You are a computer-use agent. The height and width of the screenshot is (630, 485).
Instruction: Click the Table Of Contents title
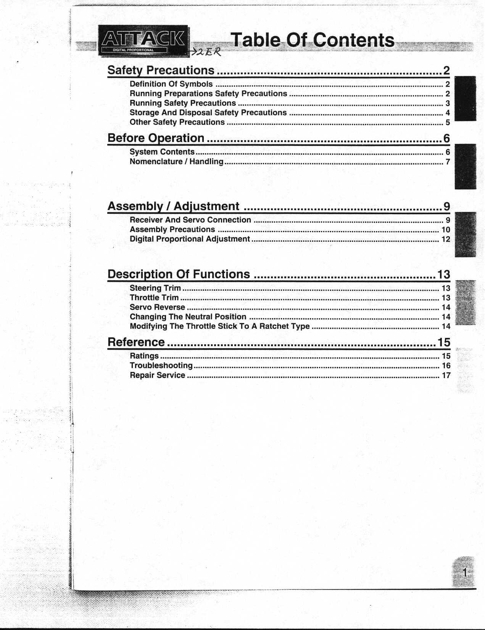[313, 40]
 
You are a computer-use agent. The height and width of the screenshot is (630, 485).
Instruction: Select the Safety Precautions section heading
[161, 70]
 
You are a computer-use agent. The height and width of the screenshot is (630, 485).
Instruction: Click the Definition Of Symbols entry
[171, 84]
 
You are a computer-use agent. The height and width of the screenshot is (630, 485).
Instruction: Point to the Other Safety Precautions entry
[177, 122]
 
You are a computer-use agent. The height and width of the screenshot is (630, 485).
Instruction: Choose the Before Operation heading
[156, 138]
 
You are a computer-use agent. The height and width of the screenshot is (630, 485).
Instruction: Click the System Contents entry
[162, 152]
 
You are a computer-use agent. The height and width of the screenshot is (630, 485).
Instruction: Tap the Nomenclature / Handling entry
[176, 162]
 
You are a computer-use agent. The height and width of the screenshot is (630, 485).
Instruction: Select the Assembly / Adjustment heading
[174, 206]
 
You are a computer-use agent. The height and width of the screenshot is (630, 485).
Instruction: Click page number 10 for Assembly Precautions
[446, 230]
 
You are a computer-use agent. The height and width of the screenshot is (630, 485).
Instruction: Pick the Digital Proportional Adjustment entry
[190, 239]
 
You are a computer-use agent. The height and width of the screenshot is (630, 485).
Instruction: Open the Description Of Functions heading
[179, 274]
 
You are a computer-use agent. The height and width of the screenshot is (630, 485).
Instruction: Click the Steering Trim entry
[155, 288]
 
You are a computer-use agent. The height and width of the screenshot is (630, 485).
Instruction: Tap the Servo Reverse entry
[157, 307]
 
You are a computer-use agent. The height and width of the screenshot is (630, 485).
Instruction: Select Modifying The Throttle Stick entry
[219, 326]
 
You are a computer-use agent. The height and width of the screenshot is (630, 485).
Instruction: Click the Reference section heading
[136, 342]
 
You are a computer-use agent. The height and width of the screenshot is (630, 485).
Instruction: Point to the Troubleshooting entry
[161, 365]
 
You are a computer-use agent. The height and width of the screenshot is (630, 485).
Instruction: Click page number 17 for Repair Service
[446, 375]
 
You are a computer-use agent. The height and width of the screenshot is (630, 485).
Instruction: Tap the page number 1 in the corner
[464, 572]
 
